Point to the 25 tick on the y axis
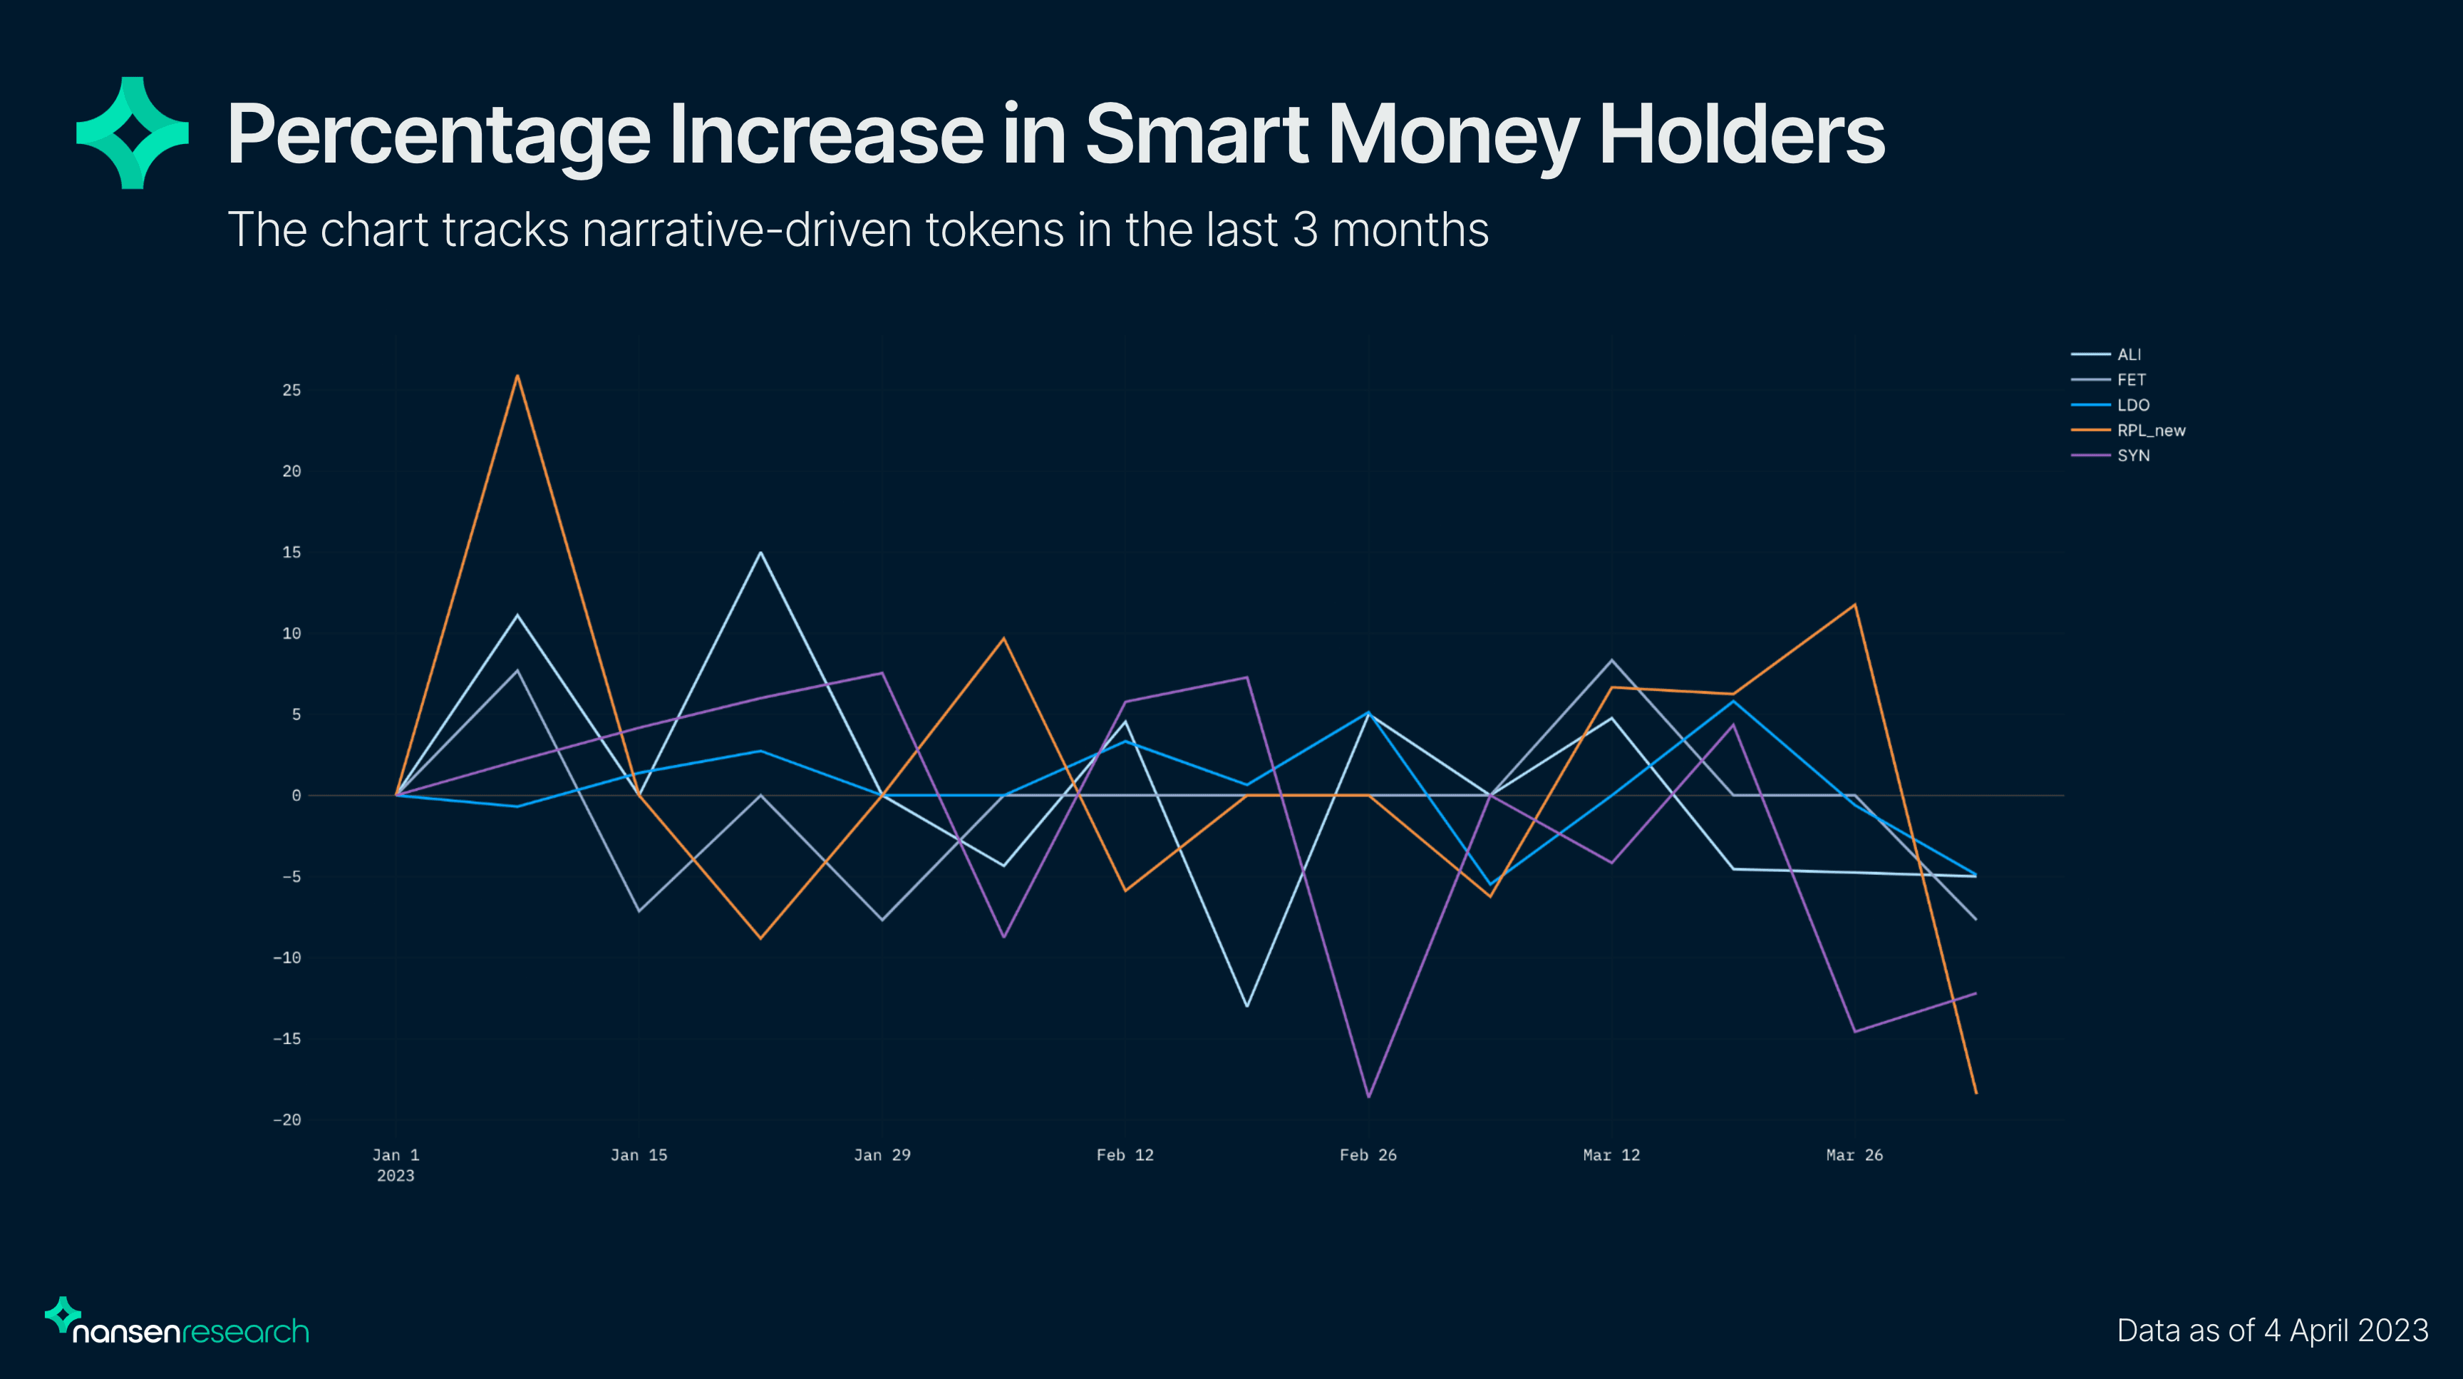pyautogui.click(x=291, y=390)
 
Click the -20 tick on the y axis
pyautogui.click(x=286, y=1120)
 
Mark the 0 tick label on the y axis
pyautogui.click(x=296, y=796)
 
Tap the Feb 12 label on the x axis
pyautogui.click(x=1125, y=1155)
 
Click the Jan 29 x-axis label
pyautogui.click(x=882, y=1155)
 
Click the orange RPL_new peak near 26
pyautogui.click(x=517, y=376)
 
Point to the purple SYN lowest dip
pyautogui.click(x=1368, y=1096)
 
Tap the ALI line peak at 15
pyautogui.click(x=760, y=553)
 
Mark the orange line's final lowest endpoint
pyautogui.click(x=1976, y=1092)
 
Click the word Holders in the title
pyautogui.click(x=1741, y=135)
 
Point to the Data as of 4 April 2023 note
pyautogui.click(x=2272, y=1331)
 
